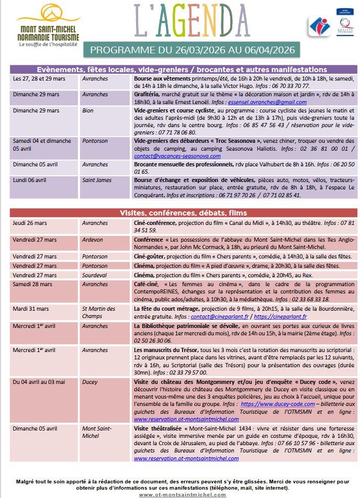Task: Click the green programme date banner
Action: tap(192, 50)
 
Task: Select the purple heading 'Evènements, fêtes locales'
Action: tap(182, 69)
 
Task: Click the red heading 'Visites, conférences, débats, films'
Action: tap(182, 213)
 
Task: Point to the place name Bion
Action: tap(87, 111)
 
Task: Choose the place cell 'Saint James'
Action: tap(97, 180)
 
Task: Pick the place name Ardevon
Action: tap(93, 240)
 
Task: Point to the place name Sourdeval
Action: tap(96, 275)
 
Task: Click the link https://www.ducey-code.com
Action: tap(277, 404)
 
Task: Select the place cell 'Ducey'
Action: tap(90, 382)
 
